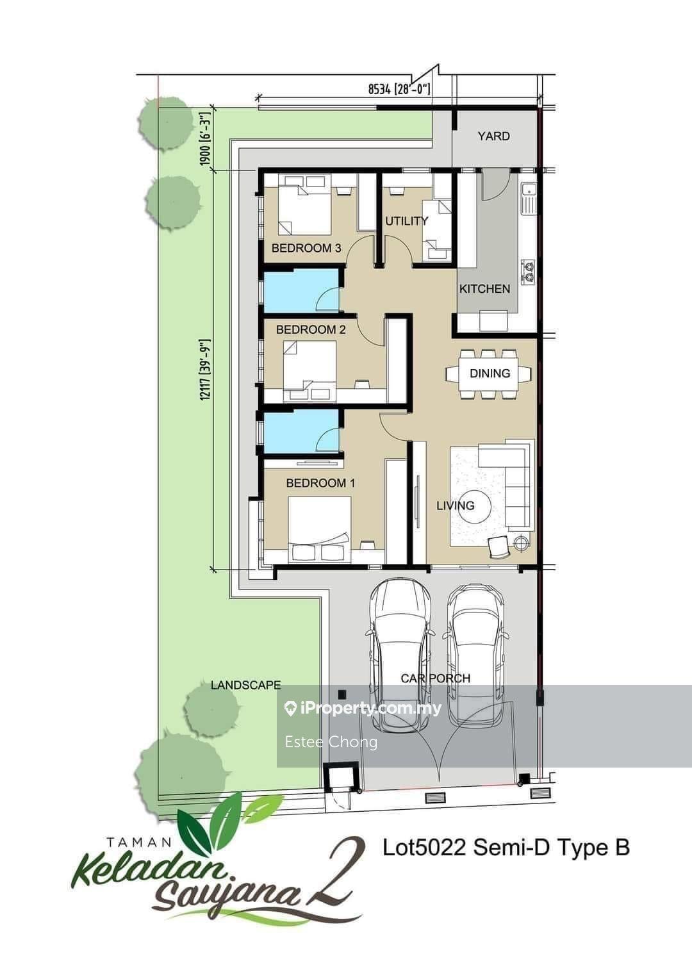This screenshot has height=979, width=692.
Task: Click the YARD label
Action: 493,136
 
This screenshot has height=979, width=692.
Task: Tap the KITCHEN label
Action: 484,288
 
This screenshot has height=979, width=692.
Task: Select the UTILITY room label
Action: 406,220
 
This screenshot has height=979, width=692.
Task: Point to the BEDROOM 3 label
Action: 306,248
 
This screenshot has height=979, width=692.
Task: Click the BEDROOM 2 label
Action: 311,329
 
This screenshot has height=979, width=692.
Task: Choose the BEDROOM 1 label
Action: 320,483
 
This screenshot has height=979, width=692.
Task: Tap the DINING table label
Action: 490,373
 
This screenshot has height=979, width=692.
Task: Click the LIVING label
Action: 456,506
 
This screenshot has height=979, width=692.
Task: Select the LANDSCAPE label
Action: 245,684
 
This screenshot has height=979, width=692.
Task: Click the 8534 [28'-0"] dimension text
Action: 400,90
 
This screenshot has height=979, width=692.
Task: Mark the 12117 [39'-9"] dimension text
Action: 205,370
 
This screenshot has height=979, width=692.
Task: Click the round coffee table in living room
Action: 475,506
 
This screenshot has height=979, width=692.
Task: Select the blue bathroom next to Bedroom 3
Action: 301,290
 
